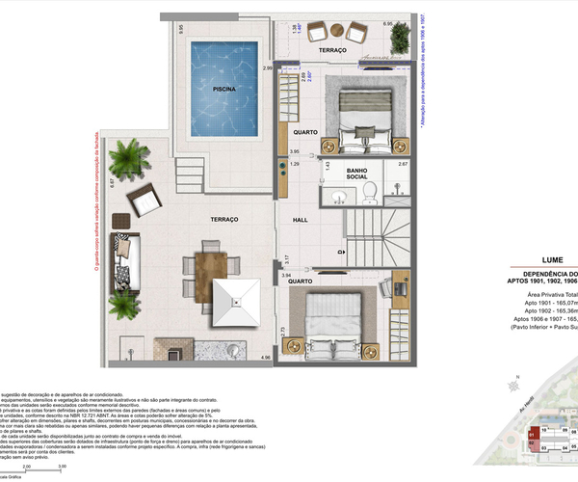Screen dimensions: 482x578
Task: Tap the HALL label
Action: [300, 221]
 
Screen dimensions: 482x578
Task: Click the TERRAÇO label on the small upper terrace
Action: [332, 49]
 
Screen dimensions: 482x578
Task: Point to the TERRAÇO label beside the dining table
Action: [213, 219]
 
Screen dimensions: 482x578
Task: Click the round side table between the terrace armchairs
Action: [333, 33]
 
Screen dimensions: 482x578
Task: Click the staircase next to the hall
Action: [372, 236]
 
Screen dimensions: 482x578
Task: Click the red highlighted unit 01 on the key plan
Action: [532, 408]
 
